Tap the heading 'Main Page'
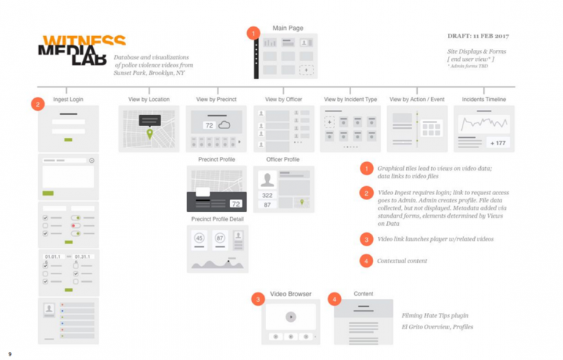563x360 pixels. (287, 28)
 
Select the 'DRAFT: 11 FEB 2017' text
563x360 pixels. (477, 35)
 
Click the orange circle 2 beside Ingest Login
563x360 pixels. (38, 104)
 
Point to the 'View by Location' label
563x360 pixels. (149, 99)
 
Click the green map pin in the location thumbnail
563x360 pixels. (150, 134)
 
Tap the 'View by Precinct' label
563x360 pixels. (216, 99)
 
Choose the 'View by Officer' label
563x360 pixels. (284, 99)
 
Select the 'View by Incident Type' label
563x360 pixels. (350, 99)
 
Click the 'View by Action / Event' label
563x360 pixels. (416, 99)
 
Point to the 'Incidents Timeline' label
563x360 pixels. (484, 99)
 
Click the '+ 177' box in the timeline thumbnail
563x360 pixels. (498, 143)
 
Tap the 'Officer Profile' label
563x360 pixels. (282, 159)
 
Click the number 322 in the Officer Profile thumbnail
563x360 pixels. (268, 196)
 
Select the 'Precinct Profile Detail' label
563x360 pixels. (217, 218)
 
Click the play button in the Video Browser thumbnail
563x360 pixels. (291, 317)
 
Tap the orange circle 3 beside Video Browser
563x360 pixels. (257, 298)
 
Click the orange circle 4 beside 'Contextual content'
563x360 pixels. (367, 260)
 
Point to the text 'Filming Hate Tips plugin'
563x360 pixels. (435, 315)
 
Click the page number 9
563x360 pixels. (10, 353)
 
